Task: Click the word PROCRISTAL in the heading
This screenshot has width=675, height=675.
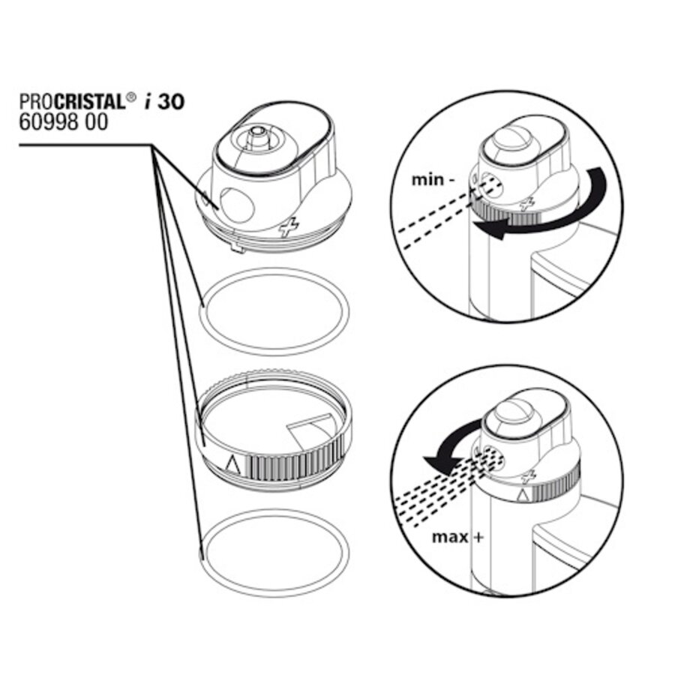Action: (x=72, y=102)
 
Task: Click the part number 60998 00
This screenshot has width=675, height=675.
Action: (x=63, y=122)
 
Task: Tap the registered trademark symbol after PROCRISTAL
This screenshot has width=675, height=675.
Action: (x=130, y=97)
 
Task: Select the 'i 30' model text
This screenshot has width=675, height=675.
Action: (x=164, y=102)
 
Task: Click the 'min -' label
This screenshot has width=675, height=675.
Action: (x=433, y=179)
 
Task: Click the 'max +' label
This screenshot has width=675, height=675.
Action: (x=457, y=537)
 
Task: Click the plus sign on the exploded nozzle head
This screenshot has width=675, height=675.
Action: (x=289, y=226)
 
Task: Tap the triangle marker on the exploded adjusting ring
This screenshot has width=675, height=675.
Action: (x=233, y=464)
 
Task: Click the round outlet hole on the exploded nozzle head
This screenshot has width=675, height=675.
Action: (x=237, y=205)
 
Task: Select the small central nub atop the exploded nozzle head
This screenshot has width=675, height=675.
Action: (x=257, y=133)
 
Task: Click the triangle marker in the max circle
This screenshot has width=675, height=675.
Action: (x=523, y=496)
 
